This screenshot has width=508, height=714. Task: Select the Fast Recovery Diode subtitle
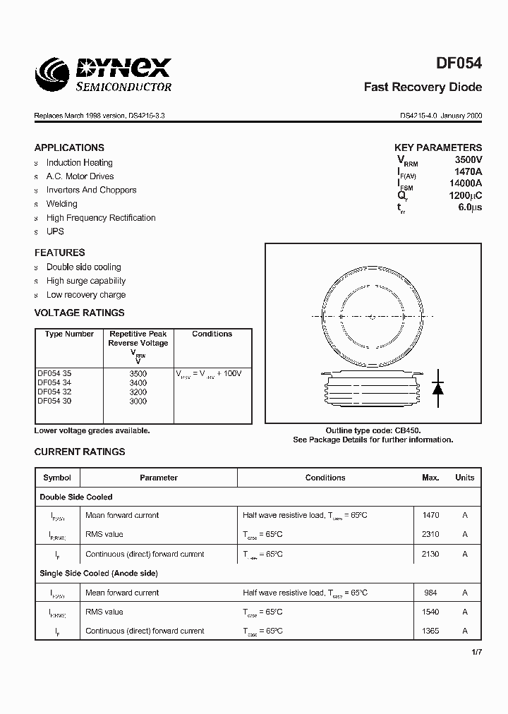(x=423, y=87)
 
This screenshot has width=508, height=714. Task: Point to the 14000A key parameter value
(x=466, y=183)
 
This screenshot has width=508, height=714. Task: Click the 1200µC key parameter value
(x=465, y=195)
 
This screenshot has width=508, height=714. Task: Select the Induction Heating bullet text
(x=79, y=162)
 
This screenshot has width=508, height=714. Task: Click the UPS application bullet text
(x=55, y=231)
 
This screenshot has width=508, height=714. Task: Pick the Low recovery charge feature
(x=86, y=295)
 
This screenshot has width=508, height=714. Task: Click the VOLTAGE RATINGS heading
(x=79, y=313)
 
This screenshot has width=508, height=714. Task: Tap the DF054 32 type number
(x=54, y=392)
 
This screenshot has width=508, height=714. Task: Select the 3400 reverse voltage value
(x=138, y=382)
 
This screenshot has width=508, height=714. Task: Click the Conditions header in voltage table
(x=212, y=334)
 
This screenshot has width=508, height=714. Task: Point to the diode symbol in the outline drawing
(x=437, y=387)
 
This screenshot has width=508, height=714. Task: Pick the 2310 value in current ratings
(x=430, y=535)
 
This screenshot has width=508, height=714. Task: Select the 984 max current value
(x=430, y=593)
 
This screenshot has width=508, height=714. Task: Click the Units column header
(x=464, y=478)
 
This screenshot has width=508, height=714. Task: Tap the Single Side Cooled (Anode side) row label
(x=99, y=574)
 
